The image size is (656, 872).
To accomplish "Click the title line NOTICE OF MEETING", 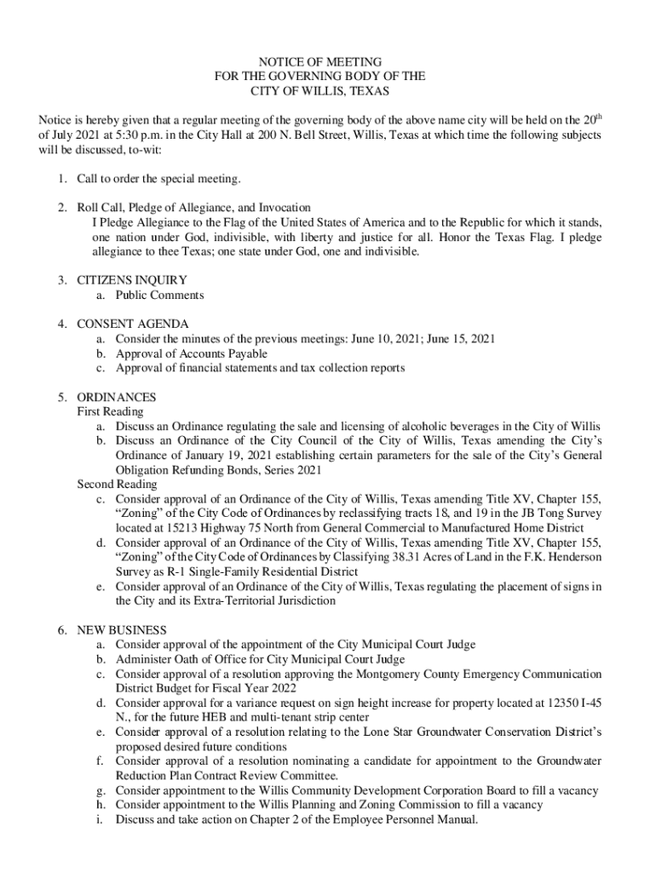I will [x=320, y=62].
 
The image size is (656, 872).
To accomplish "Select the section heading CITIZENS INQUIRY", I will [x=132, y=280].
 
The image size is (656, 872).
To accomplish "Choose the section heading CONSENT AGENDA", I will [x=133, y=324].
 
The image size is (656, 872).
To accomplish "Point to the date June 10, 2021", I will [x=388, y=339].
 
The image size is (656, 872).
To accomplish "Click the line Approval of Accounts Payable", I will [x=192, y=353].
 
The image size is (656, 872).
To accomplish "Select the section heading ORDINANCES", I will [x=117, y=398].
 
